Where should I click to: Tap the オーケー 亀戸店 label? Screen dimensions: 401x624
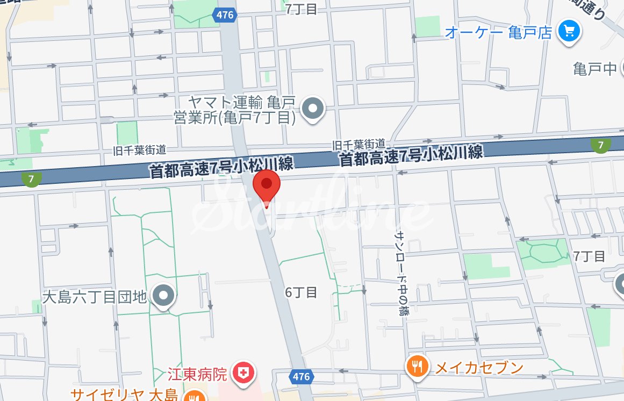coord(498,32)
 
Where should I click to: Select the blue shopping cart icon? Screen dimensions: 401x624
coord(569,31)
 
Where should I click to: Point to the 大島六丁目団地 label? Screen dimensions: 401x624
coord(94,296)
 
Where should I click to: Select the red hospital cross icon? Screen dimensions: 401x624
coord(242,372)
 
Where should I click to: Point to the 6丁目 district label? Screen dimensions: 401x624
coord(301,292)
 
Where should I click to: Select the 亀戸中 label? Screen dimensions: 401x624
coord(594,69)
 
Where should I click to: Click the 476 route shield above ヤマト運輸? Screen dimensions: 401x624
coord(224,15)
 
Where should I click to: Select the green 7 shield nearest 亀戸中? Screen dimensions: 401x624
coord(600,144)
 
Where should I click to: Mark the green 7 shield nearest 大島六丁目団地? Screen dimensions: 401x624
coord(32,179)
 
